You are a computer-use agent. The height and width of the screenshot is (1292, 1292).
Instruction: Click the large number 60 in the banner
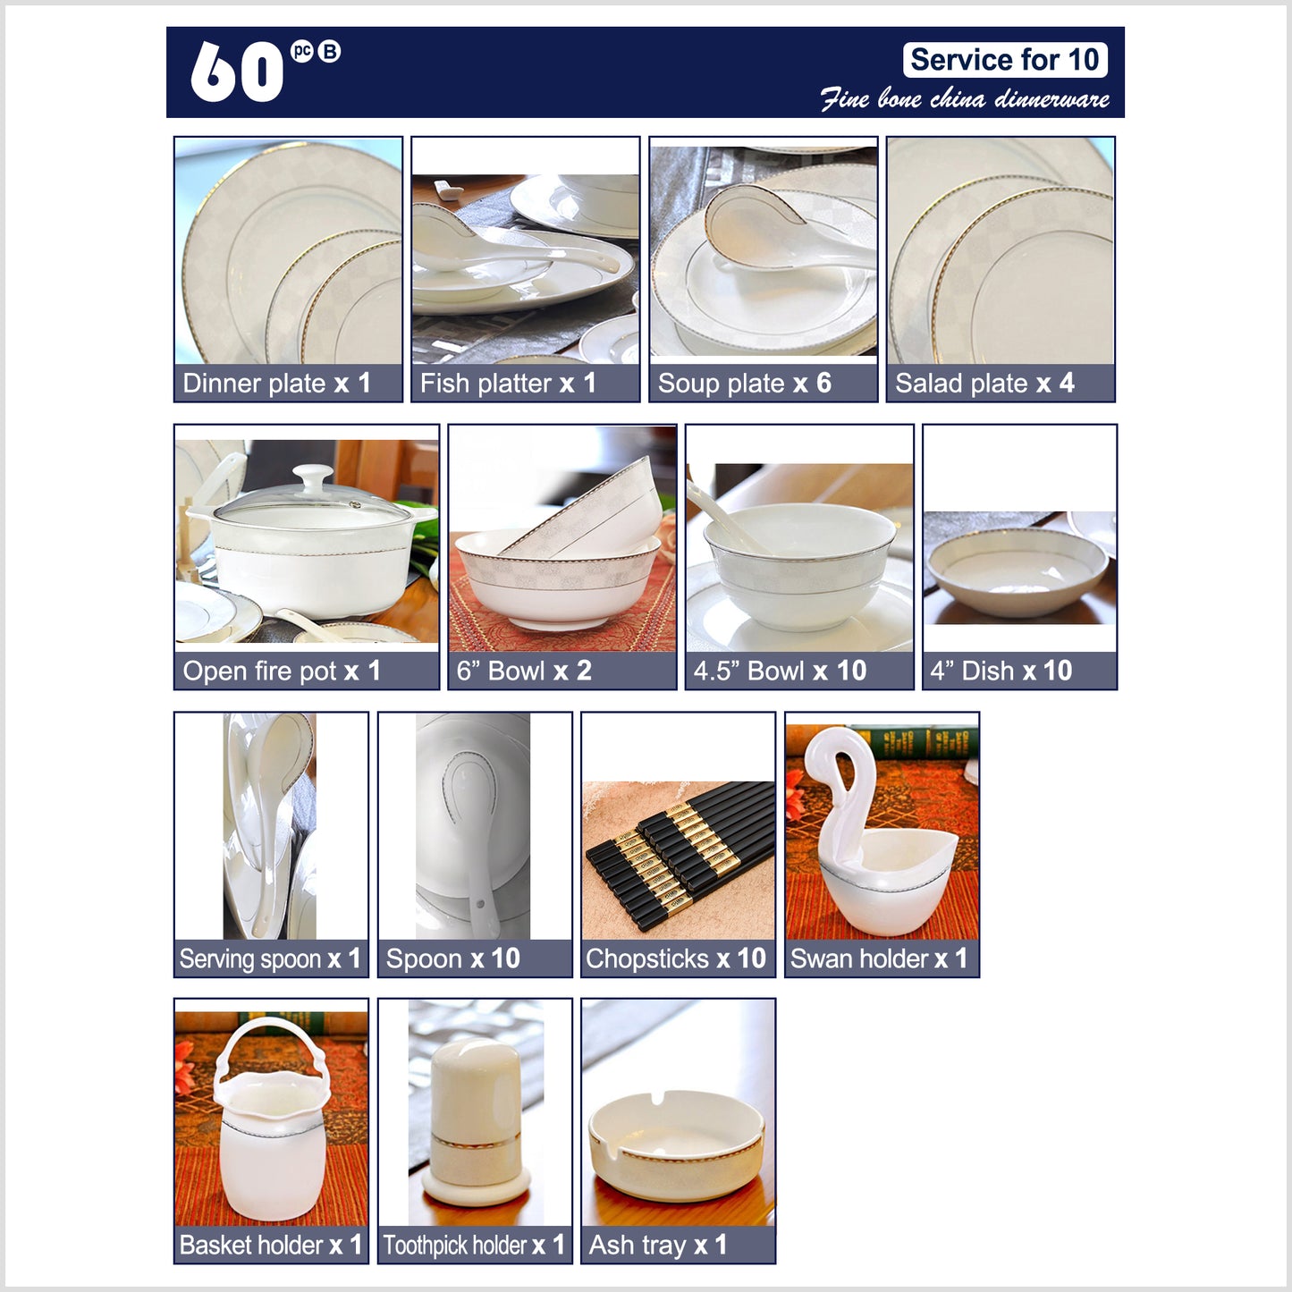(237, 72)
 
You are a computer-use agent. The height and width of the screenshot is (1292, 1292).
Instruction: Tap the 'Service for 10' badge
(1004, 60)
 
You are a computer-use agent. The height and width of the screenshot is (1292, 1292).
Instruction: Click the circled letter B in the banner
(329, 52)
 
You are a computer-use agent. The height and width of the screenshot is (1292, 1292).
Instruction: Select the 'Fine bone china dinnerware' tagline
(965, 98)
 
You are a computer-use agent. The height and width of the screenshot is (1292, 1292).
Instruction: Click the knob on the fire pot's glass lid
(312, 477)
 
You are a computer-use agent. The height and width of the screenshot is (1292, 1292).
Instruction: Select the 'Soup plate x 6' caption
(744, 384)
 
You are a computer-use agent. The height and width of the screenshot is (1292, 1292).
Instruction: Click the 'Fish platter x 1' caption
(508, 384)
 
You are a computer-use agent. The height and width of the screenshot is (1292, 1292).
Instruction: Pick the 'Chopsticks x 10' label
(676, 958)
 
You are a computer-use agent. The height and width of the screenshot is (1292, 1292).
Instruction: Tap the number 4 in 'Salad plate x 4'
(1067, 383)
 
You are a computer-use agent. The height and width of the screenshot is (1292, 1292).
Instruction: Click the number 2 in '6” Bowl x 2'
(584, 671)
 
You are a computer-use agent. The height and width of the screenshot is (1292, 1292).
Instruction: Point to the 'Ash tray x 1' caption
(657, 1246)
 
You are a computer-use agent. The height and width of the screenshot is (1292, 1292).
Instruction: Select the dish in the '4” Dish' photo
(1018, 571)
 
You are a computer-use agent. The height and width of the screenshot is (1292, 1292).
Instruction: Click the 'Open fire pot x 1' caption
(282, 671)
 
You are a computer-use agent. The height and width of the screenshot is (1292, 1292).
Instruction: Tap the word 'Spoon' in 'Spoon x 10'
(424, 958)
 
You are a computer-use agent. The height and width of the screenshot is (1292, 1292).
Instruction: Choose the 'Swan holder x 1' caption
(879, 958)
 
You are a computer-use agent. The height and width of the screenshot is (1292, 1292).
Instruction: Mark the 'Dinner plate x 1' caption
(276, 384)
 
